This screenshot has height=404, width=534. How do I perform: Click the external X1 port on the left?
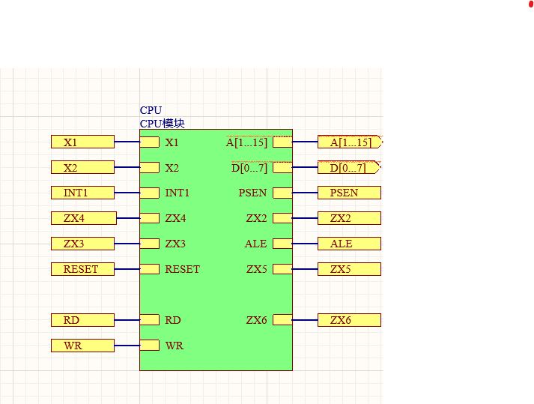coord(82,142)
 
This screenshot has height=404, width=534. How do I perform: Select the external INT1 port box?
coord(82,193)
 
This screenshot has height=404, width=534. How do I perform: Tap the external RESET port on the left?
coord(82,269)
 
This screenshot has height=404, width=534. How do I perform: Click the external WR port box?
coord(82,346)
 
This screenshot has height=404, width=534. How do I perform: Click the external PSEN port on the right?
coord(349,193)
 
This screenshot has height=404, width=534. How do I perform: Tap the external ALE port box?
coord(349,244)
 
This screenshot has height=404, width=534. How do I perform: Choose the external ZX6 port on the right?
coord(349,320)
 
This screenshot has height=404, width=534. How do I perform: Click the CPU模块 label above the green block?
coord(162,123)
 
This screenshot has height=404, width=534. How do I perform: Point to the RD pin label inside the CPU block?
coord(173,320)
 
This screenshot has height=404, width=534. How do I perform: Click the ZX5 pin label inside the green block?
coord(257,269)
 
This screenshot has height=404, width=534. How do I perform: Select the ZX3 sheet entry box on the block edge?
coord(150,244)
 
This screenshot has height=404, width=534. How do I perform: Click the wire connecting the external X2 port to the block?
coord(127,167)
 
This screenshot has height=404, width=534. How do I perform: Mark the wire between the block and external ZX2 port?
coord(305,218)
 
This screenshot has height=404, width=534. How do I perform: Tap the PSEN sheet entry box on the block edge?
coord(282,193)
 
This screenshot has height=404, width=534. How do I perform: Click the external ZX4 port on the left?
coord(84,218)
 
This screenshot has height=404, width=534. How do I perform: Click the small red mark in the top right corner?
coord(531,4)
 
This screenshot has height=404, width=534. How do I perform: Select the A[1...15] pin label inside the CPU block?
coord(246,142)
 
